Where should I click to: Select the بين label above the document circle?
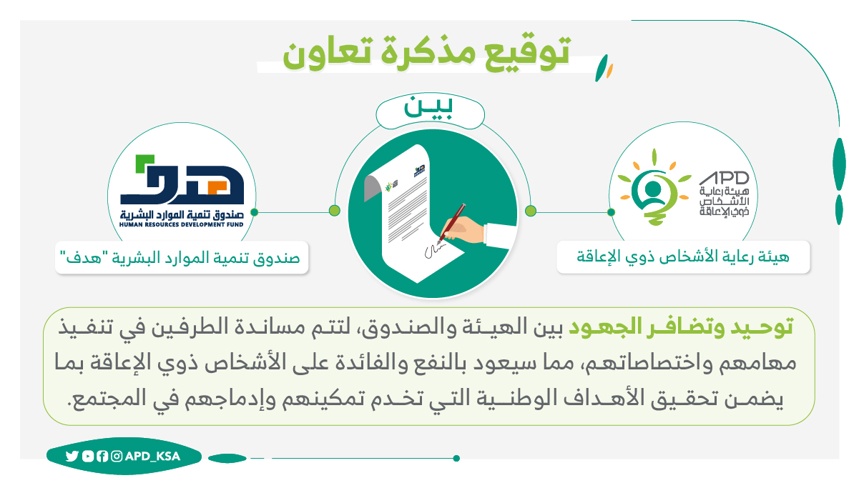pos(428,109)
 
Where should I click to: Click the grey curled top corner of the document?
pos(373,188)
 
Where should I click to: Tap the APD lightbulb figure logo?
pos(654,189)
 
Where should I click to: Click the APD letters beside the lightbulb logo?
pos(724,178)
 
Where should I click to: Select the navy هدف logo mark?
pos(182,179)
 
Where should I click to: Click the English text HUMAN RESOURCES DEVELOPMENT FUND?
pos(182,224)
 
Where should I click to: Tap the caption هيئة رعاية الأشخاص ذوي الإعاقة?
pos(683,257)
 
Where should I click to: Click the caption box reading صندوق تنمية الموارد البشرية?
pos(182,257)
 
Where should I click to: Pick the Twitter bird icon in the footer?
pos(72,456)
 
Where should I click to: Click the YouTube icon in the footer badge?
pos(88,456)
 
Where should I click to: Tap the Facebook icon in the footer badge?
pos(102,456)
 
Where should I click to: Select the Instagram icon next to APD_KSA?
pos(117,456)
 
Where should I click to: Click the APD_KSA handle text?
pos(152,456)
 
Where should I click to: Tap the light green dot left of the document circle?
pos(335,210)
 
